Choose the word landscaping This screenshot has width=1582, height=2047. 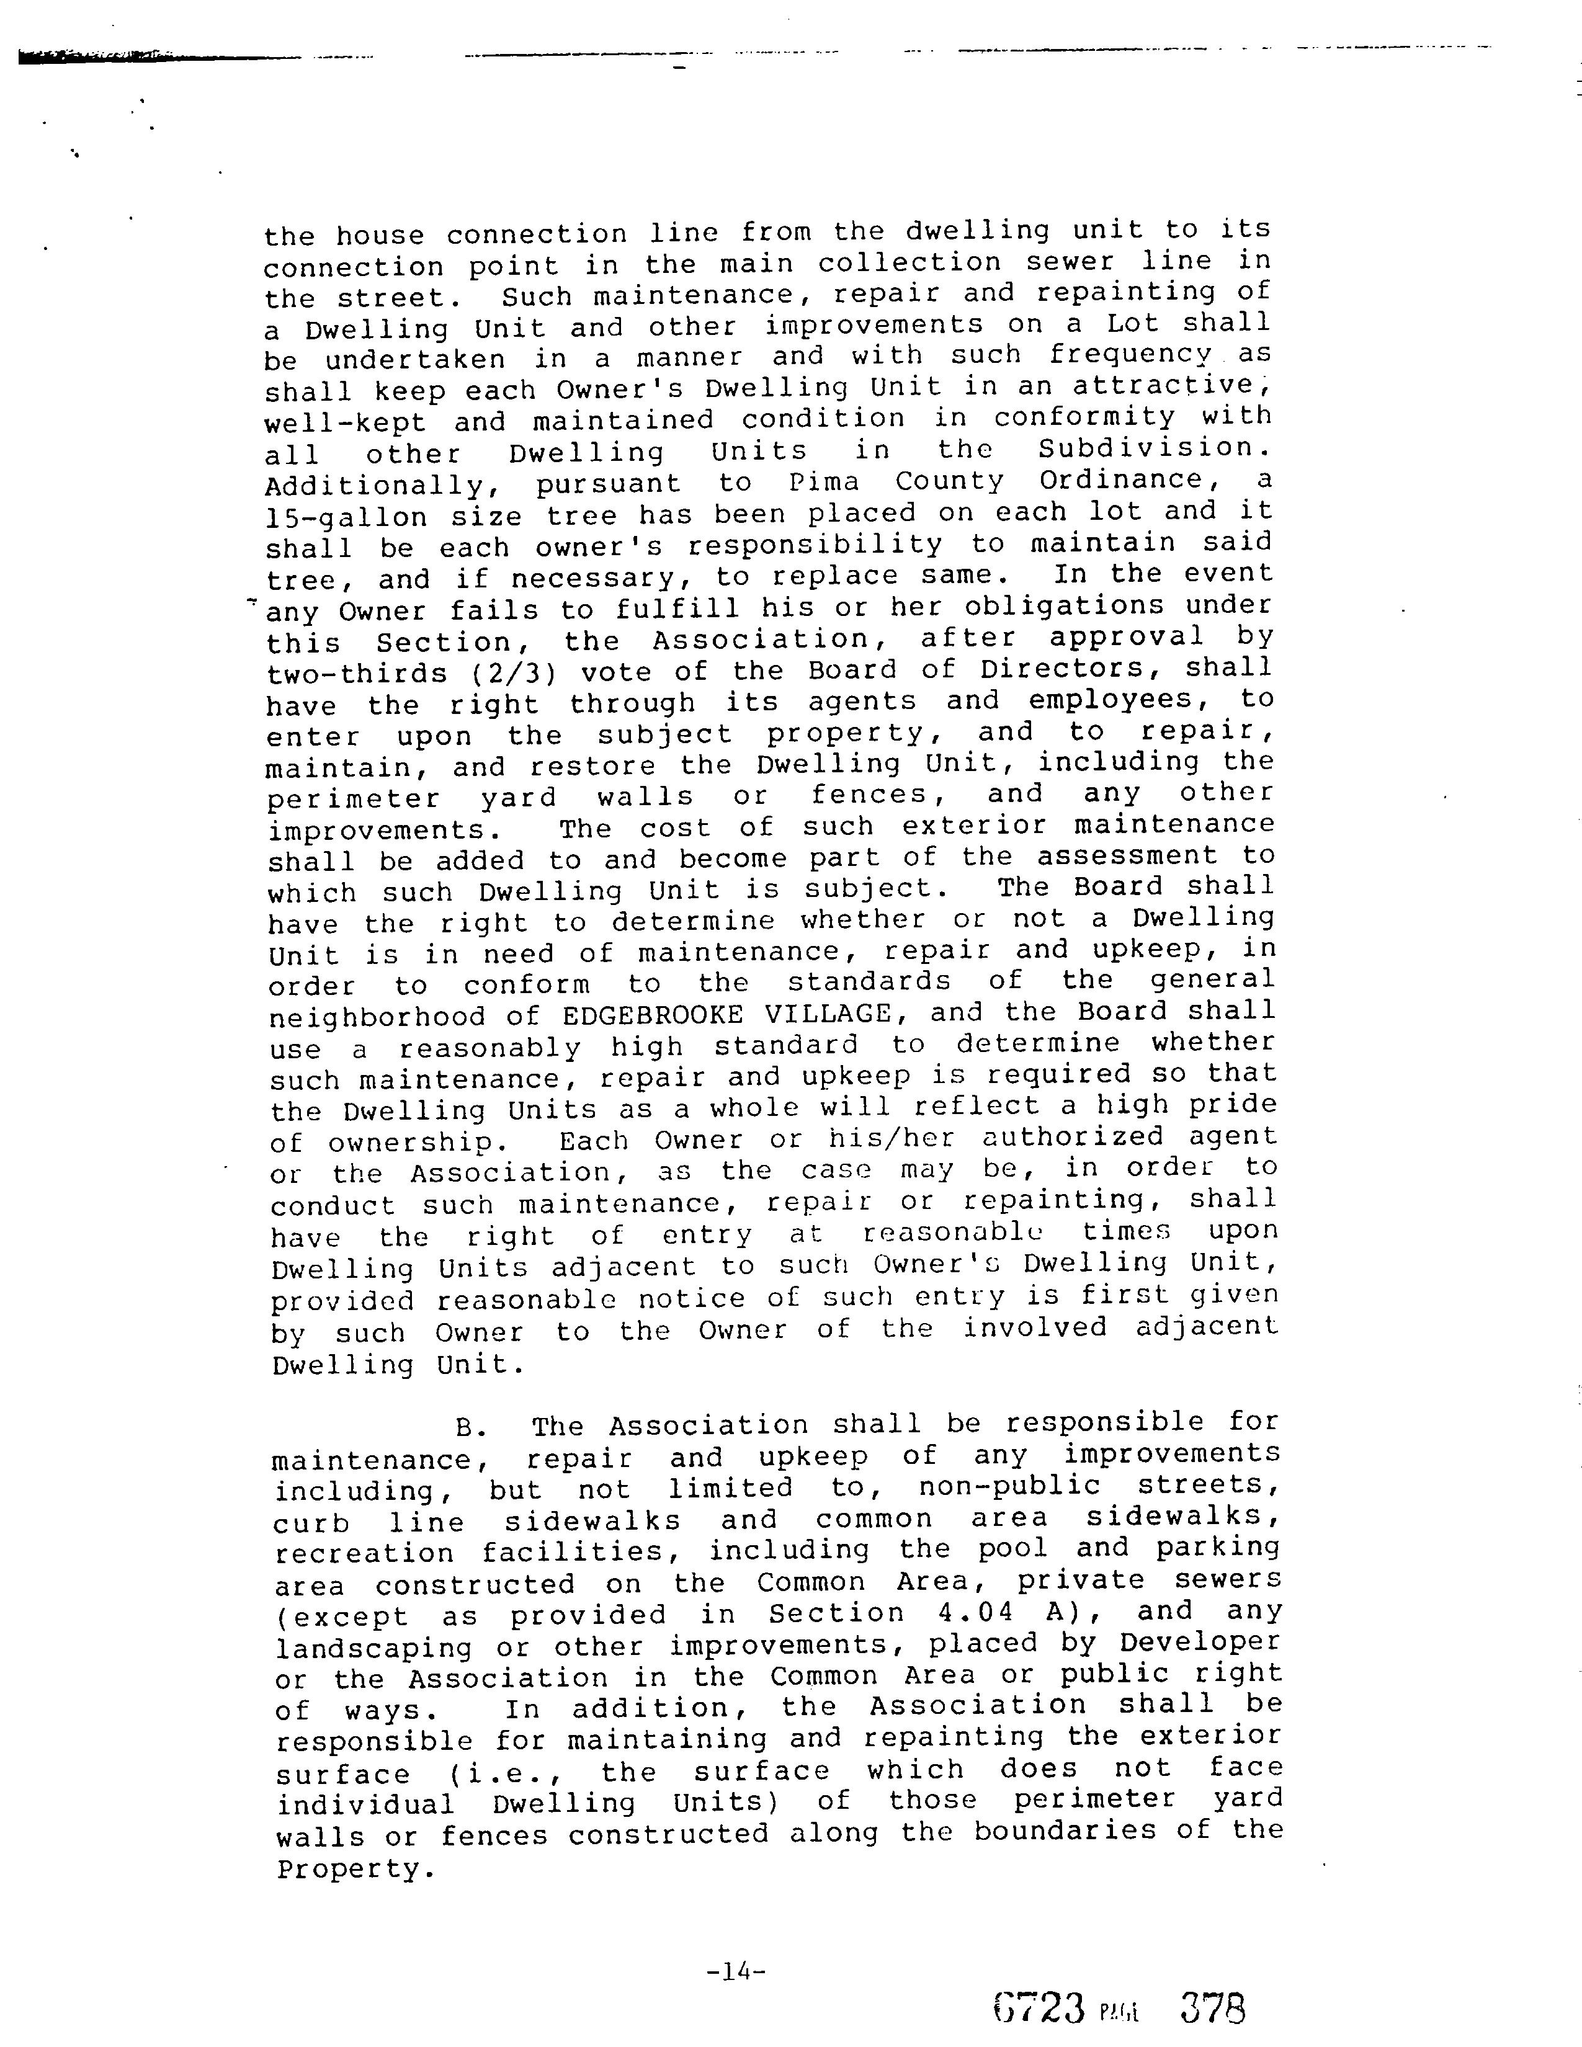(375, 1649)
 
